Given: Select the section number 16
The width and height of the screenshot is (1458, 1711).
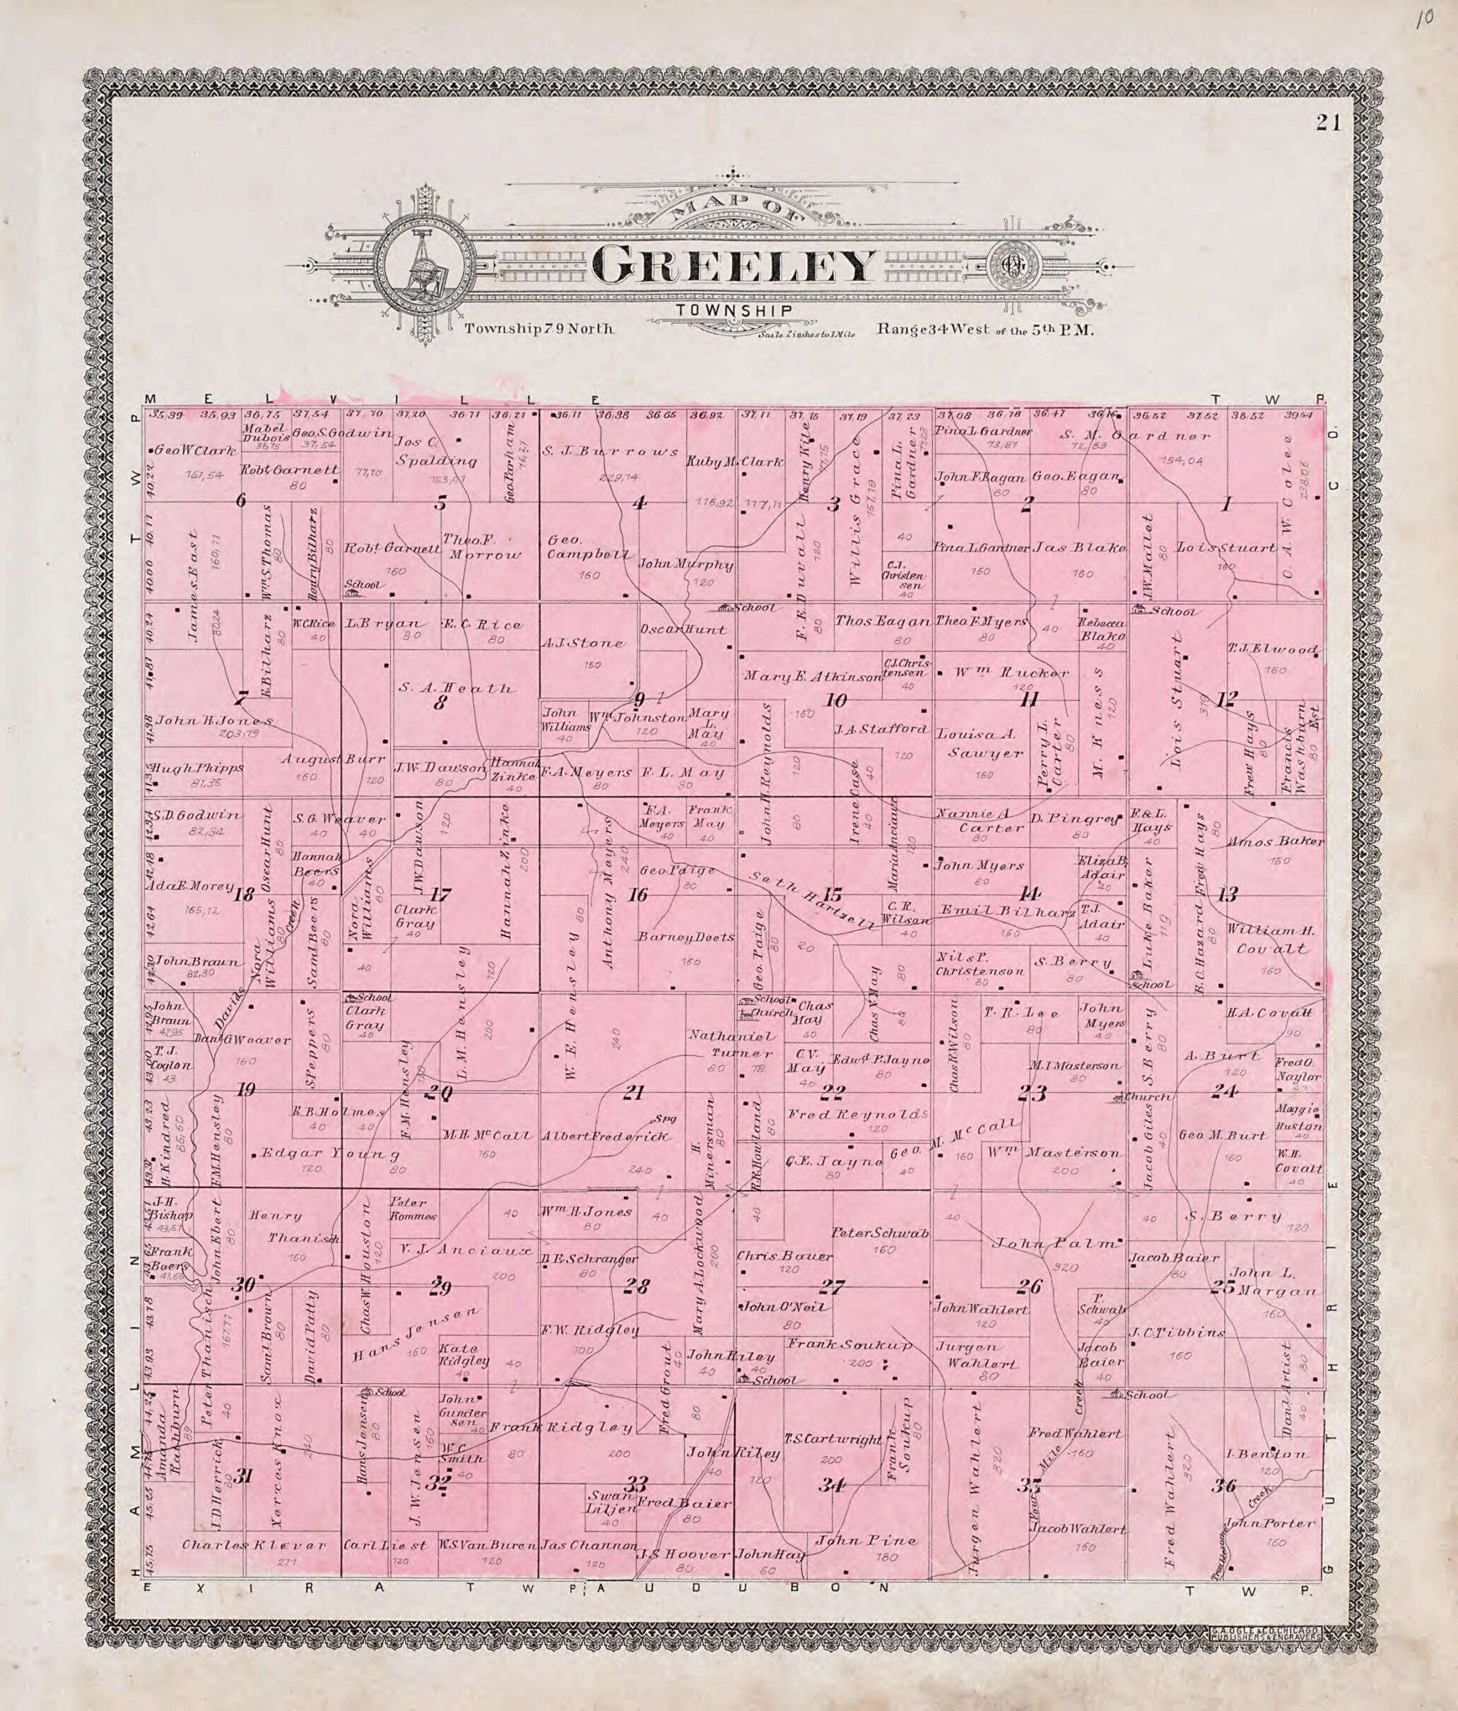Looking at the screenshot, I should tap(637, 894).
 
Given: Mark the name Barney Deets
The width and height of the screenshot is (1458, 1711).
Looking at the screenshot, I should tap(686, 938).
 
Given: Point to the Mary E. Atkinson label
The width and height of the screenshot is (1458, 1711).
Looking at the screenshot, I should tap(813, 676).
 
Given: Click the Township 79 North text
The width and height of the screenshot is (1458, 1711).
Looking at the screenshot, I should tap(539, 328).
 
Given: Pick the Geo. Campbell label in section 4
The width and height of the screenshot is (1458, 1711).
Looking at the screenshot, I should tap(588, 547).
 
